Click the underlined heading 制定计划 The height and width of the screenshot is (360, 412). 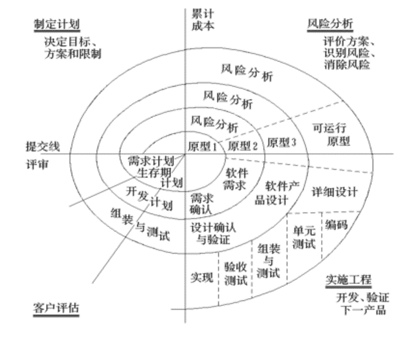click(57, 25)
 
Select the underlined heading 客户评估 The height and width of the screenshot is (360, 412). click(56, 308)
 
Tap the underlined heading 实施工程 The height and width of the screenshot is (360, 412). click(348, 280)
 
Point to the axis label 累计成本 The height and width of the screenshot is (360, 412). click(202, 20)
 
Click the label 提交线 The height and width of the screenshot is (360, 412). click(42, 147)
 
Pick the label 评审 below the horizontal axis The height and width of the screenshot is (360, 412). click(37, 165)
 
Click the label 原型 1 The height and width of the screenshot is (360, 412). click(202, 146)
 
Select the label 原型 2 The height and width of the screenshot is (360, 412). click(243, 145)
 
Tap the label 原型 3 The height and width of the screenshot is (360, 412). click(281, 142)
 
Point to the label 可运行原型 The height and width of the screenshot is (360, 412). click(332, 134)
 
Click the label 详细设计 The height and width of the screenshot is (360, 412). click(335, 191)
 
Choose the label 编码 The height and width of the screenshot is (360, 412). click(336, 224)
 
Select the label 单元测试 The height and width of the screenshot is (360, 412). click(304, 237)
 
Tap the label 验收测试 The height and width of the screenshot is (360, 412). click(235, 274)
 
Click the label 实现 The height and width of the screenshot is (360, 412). click(202, 277)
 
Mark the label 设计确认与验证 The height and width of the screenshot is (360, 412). click(213, 233)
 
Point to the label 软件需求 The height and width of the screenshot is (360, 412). click(235, 179)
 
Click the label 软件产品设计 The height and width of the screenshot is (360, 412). click(277, 193)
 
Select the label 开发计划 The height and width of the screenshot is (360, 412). click(149, 198)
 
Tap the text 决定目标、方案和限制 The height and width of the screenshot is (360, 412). click(72, 48)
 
